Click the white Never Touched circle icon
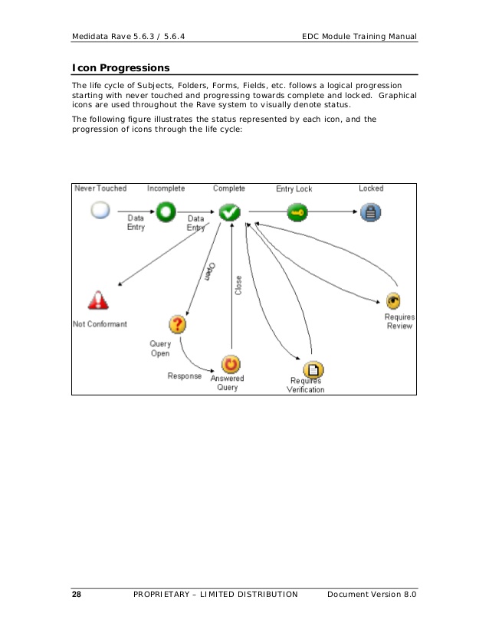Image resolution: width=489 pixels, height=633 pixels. (100, 211)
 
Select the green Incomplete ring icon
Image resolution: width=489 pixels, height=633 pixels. (166, 211)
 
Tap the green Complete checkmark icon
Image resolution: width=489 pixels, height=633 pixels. (230, 212)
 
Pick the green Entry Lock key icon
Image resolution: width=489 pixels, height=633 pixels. (297, 212)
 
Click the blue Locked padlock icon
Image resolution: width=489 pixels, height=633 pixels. (371, 213)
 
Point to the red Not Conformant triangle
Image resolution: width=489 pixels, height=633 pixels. (99, 300)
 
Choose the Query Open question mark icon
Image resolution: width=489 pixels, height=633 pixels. (177, 324)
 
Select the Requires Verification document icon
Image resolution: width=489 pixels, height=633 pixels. (313, 370)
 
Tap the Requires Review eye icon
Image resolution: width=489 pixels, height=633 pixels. (394, 300)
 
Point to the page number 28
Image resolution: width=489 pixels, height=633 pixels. (77, 595)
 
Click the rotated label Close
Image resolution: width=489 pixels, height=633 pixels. (238, 286)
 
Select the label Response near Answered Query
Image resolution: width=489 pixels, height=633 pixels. (185, 376)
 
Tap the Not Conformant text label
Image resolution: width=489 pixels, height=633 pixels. (100, 324)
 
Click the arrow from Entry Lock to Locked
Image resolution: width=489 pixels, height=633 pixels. (331, 212)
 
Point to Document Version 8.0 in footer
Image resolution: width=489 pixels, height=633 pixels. (372, 595)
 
